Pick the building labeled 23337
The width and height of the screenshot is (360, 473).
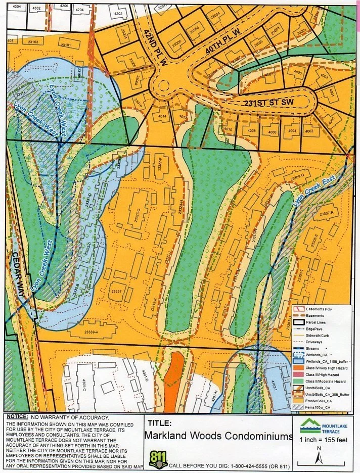coord(116,292)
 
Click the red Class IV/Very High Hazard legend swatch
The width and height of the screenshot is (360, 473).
coord(299,367)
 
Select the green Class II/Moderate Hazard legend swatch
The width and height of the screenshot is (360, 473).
coord(299,381)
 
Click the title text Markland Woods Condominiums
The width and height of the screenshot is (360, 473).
coord(219,436)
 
